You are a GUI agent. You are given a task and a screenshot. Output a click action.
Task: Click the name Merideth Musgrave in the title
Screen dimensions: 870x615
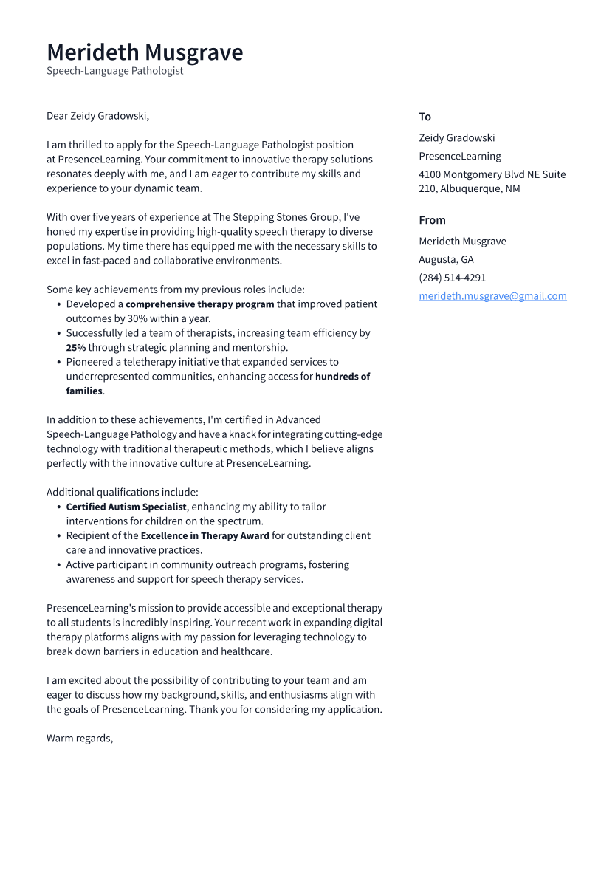[x=145, y=52]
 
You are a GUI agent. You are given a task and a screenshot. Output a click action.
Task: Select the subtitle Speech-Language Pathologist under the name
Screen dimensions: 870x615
[x=114, y=71]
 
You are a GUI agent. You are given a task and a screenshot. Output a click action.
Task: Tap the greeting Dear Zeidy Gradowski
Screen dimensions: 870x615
[x=97, y=116]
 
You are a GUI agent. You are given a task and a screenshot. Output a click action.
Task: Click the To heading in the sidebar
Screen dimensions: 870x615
[x=425, y=117]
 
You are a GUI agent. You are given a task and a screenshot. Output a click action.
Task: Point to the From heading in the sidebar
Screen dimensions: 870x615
[x=432, y=220]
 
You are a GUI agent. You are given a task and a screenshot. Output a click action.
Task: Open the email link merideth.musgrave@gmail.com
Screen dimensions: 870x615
[x=492, y=296]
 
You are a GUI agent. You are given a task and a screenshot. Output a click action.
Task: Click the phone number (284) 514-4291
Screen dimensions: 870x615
[x=452, y=278]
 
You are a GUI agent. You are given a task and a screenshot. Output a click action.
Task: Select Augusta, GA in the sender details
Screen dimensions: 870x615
[x=446, y=259]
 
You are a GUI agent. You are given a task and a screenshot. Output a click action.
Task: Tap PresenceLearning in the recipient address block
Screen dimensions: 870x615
[x=459, y=156]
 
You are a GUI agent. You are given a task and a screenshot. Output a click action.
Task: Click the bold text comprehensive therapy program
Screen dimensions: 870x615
[x=199, y=304]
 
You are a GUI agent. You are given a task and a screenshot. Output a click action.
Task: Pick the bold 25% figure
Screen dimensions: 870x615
[x=76, y=347]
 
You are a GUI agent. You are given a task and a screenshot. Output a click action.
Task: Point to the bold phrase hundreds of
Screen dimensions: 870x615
[x=343, y=377]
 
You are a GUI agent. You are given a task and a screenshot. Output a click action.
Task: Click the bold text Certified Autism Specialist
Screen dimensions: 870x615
[x=126, y=507]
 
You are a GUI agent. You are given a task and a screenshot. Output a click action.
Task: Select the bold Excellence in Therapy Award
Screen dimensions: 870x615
[x=205, y=535]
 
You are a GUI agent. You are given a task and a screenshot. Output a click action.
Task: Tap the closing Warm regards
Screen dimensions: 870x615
[x=80, y=739]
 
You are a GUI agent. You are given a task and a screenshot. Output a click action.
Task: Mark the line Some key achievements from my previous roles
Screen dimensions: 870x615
[x=175, y=290]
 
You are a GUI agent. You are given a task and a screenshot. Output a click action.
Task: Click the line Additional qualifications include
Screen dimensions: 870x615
[x=122, y=492]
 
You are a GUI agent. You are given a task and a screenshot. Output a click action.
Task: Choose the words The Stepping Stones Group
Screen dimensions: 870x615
[x=276, y=217]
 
